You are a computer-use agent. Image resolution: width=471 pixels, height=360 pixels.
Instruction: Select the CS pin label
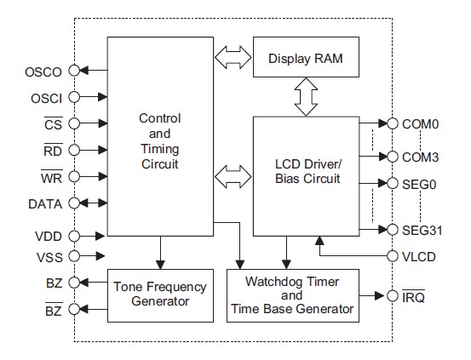(50, 123)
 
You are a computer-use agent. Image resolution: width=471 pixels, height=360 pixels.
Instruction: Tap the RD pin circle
(74, 151)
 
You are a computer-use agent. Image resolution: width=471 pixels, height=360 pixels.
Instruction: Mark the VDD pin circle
(74, 236)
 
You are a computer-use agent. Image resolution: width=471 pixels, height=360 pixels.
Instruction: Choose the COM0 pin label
(419, 123)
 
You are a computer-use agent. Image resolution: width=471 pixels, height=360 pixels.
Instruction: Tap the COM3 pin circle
(393, 157)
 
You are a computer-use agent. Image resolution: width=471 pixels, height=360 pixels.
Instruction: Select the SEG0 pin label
(418, 183)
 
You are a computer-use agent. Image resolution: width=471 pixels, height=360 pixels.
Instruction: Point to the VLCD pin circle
(393, 255)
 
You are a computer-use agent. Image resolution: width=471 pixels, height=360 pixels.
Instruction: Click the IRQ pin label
(414, 296)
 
